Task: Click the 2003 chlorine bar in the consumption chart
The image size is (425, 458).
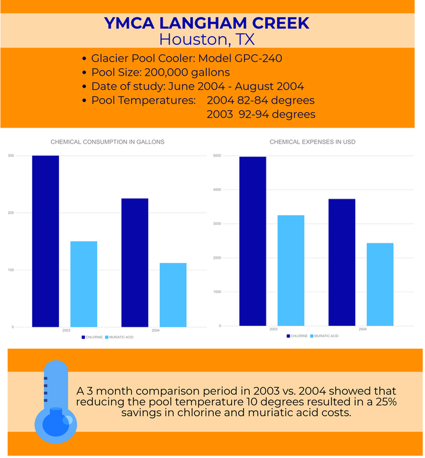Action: click(46, 241)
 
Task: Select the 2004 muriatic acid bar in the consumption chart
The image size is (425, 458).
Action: click(173, 295)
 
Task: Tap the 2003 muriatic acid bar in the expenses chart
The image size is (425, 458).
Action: click(291, 270)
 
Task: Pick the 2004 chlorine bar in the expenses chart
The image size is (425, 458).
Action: click(342, 262)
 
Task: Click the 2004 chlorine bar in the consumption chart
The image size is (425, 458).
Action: click(135, 262)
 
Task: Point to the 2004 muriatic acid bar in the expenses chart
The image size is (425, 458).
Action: click(380, 284)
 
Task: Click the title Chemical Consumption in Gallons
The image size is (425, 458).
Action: click(107, 142)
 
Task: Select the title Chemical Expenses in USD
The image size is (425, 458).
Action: click(312, 142)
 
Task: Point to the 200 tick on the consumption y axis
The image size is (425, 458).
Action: click(10, 213)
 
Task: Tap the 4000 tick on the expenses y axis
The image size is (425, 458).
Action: click(217, 190)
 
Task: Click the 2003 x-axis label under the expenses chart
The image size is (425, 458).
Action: click(274, 329)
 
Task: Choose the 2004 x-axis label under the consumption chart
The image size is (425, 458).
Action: click(155, 330)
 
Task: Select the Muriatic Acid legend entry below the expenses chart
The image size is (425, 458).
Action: click(324, 336)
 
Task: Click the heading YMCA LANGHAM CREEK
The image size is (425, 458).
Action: click(206, 23)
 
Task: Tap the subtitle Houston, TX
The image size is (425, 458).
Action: click(206, 40)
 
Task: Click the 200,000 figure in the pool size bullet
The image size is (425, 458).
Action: click(167, 73)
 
